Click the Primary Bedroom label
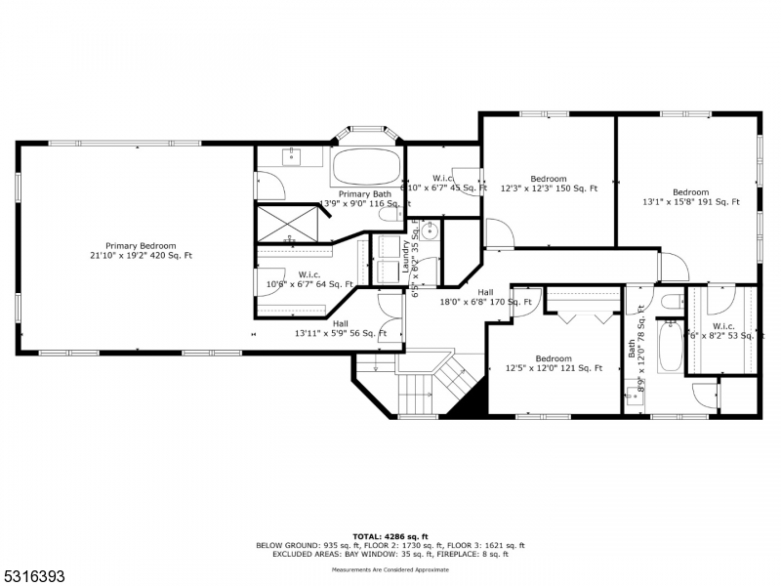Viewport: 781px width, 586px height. [x=141, y=245]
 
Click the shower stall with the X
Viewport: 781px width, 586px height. [x=289, y=223]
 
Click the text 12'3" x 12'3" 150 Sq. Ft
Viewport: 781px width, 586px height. [x=548, y=188]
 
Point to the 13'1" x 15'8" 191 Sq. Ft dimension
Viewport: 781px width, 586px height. [x=690, y=202]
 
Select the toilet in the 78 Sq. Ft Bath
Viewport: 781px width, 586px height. [x=670, y=302]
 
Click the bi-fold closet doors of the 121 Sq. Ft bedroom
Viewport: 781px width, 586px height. [x=583, y=316]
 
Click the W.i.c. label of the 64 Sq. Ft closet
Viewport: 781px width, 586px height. [x=309, y=274]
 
